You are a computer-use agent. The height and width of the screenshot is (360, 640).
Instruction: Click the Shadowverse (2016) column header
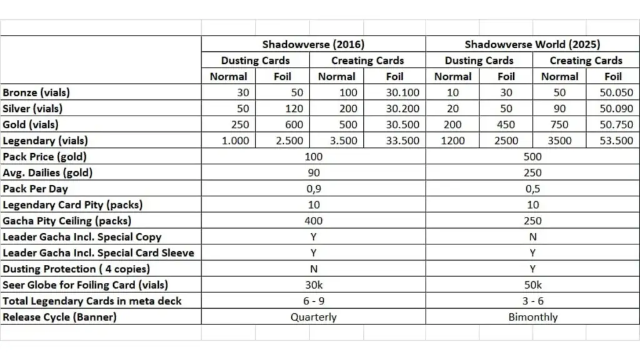[313, 44]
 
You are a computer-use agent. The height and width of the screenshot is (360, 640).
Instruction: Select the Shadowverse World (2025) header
[532, 44]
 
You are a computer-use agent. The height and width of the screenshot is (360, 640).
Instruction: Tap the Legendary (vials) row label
[45, 141]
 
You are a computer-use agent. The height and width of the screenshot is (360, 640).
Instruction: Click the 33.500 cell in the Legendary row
[394, 141]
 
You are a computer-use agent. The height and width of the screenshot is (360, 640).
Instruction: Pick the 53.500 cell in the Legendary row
[612, 141]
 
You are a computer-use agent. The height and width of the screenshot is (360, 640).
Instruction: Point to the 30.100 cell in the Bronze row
[394, 92]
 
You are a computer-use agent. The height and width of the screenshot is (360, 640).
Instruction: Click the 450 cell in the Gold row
[506, 124]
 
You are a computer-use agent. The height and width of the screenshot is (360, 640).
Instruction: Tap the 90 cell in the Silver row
[559, 109]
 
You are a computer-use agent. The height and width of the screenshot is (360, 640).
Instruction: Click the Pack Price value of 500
[532, 157]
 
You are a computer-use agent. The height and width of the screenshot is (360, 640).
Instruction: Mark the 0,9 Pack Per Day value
[313, 189]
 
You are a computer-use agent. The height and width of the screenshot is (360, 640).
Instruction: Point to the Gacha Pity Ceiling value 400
[313, 221]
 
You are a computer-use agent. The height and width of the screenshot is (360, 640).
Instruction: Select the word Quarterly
[313, 317]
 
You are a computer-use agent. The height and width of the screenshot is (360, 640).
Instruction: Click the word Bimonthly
[532, 317]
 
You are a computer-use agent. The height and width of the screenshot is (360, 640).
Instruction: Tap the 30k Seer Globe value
[313, 285]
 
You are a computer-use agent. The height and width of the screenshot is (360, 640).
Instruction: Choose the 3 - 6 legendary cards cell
[532, 301]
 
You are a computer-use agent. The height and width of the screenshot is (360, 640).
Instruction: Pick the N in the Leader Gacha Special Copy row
[532, 237]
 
